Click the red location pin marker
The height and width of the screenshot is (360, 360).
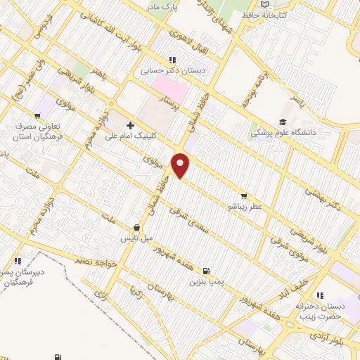point(181,165)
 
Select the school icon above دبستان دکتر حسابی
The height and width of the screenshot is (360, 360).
point(171,60)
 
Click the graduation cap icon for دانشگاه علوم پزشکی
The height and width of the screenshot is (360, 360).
point(283,120)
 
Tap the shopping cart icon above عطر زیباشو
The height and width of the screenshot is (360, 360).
point(244,196)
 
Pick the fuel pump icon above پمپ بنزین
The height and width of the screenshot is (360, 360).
point(205,271)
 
